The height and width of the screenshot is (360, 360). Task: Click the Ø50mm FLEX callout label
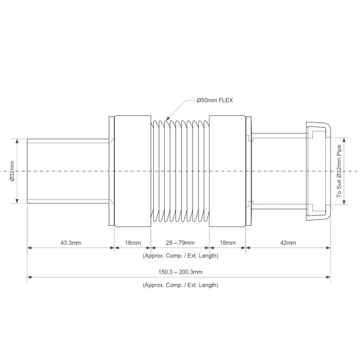pos(215,100)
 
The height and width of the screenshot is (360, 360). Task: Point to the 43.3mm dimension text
pos(71,243)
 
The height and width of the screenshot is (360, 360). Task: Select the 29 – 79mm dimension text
pos(180,243)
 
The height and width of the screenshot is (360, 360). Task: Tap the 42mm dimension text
pos(288,243)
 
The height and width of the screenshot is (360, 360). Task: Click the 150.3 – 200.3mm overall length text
pos(181,272)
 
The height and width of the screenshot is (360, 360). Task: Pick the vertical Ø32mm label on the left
pos(12,171)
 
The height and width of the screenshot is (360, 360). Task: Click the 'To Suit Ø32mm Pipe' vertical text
pos(339,171)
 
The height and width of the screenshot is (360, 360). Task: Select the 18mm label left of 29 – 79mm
pos(133,243)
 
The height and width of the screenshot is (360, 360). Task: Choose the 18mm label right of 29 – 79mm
pos(228,243)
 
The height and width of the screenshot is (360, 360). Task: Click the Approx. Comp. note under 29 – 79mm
pos(181,256)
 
